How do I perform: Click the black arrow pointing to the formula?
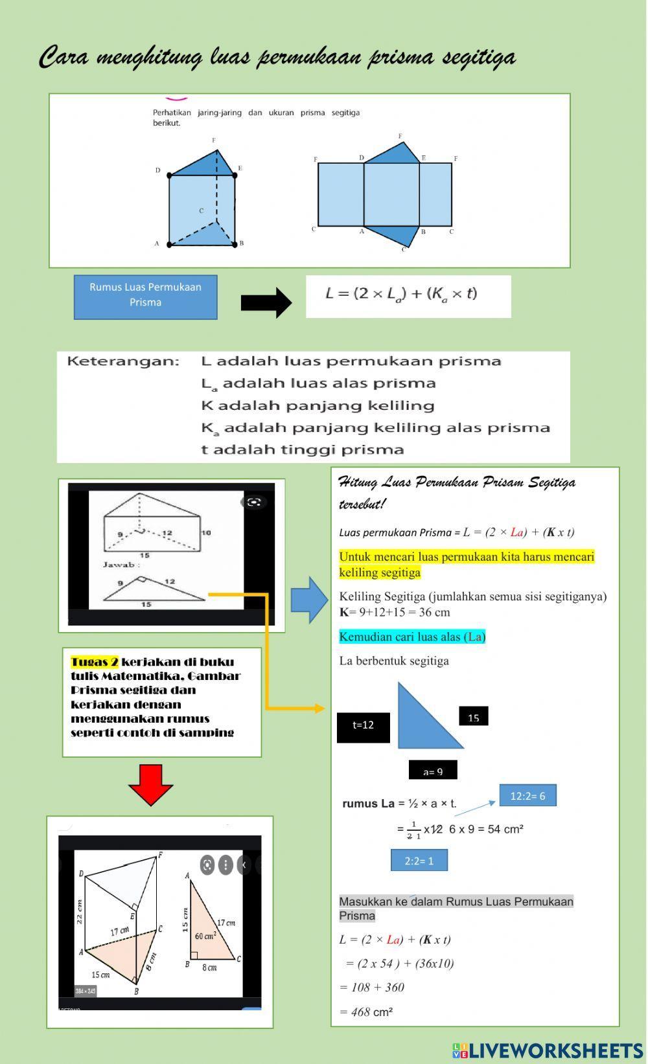pos(266,302)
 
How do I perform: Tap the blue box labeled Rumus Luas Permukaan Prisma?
pos(145,297)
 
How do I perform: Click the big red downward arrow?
pos(150,784)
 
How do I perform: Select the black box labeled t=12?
pos(364,726)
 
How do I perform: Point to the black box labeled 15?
pos(473,718)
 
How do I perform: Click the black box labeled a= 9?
pos(433,771)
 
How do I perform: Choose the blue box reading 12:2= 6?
pos(527,796)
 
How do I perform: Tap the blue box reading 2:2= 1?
pos(419,861)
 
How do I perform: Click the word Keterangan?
pos(123,361)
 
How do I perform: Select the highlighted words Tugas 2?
pos(95,662)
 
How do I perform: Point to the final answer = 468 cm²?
pos(367,1012)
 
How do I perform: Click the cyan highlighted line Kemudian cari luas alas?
pos(411,637)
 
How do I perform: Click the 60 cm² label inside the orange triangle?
pos(205,936)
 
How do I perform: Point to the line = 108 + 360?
pos(372,988)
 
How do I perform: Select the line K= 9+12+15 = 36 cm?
pos(394,612)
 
